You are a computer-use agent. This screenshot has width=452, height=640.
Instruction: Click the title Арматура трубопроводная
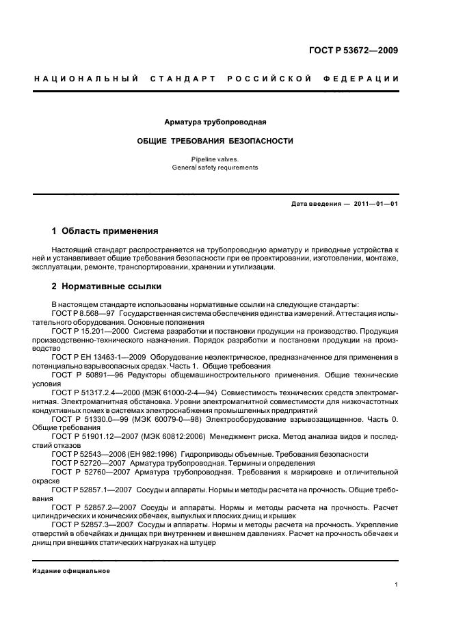click(x=215, y=122)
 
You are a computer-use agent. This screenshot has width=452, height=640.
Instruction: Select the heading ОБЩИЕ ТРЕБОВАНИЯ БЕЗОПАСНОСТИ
click(x=215, y=141)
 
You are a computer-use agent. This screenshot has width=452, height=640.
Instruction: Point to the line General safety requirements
click(x=215, y=167)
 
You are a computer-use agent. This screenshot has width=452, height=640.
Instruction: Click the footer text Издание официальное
click(x=71, y=571)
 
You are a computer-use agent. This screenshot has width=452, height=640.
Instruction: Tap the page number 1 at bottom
click(x=397, y=584)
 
